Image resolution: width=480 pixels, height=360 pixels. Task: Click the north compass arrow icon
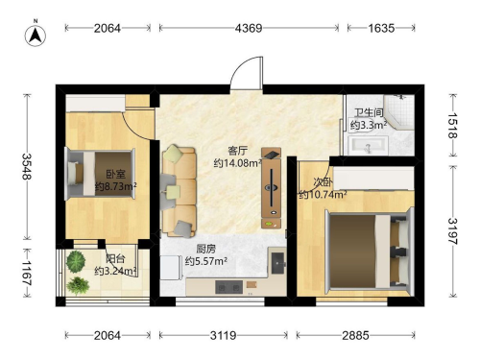[x=36, y=35]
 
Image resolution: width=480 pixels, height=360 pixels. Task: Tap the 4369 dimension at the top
[x=249, y=28]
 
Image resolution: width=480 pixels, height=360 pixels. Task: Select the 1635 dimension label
[x=381, y=28]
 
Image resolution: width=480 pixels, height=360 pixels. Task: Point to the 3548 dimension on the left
[x=27, y=166]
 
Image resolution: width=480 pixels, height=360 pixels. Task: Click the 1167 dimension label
[x=27, y=273]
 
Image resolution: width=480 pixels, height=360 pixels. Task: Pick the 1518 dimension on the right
[x=452, y=126]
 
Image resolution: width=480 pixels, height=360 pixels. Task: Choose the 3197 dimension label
[x=452, y=231]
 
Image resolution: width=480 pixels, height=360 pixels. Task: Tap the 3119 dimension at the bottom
[x=223, y=335]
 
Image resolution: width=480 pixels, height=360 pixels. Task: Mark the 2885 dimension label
[x=355, y=335]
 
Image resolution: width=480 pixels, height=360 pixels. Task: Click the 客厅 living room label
[x=238, y=151]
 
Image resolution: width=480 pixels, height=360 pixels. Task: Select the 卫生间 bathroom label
[x=369, y=112]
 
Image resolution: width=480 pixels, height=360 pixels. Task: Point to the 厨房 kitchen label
[x=206, y=249]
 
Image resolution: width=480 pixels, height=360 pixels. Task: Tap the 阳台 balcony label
[x=115, y=258]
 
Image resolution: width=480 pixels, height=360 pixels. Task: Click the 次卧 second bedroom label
[x=323, y=182]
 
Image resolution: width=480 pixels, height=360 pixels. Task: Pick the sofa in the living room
[x=179, y=191]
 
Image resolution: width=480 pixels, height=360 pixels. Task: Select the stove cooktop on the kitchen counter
[x=228, y=287]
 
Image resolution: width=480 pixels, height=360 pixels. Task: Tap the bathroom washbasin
[x=369, y=145]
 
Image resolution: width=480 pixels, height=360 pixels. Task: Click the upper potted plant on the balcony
[x=76, y=261]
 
